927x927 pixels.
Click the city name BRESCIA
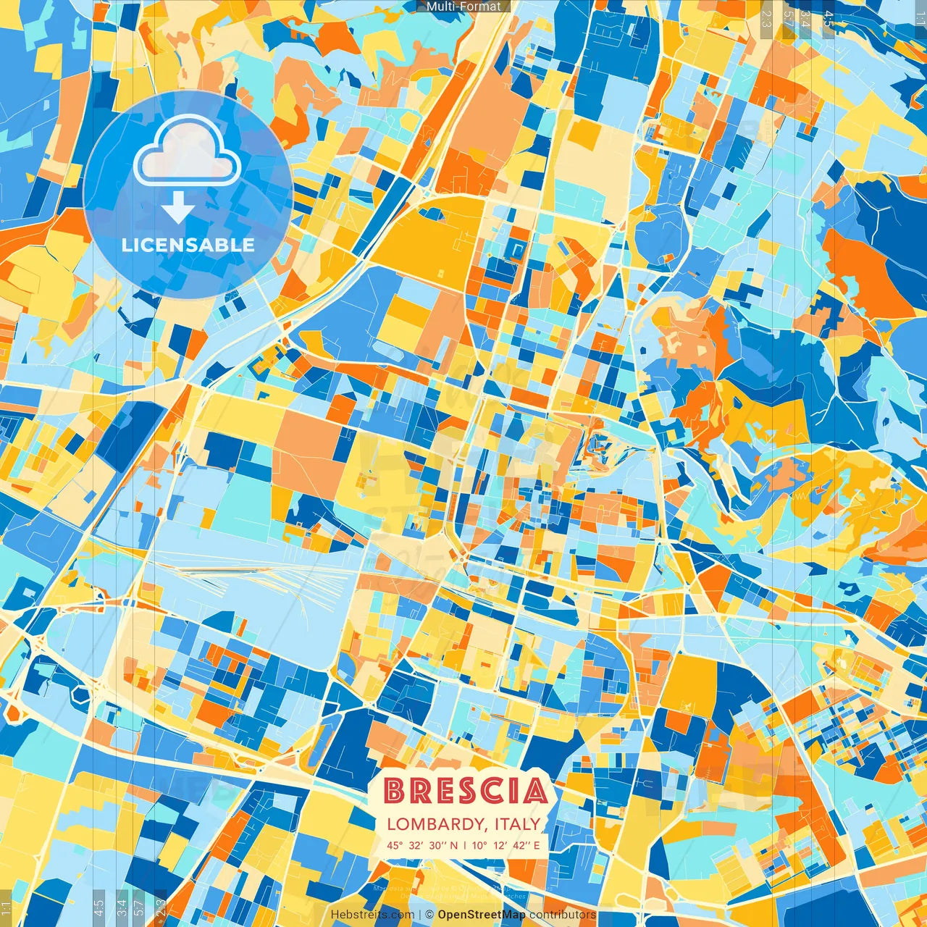click(465, 791)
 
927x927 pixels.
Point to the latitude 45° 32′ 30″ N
click(421, 844)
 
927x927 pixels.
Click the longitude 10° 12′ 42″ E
click(506, 844)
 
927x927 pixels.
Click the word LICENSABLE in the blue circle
click(188, 245)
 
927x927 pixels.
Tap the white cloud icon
click(188, 150)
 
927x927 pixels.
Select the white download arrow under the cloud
click(177, 207)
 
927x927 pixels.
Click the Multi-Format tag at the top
click(463, 7)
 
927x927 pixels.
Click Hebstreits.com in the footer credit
click(372, 915)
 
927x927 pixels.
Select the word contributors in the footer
click(563, 915)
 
